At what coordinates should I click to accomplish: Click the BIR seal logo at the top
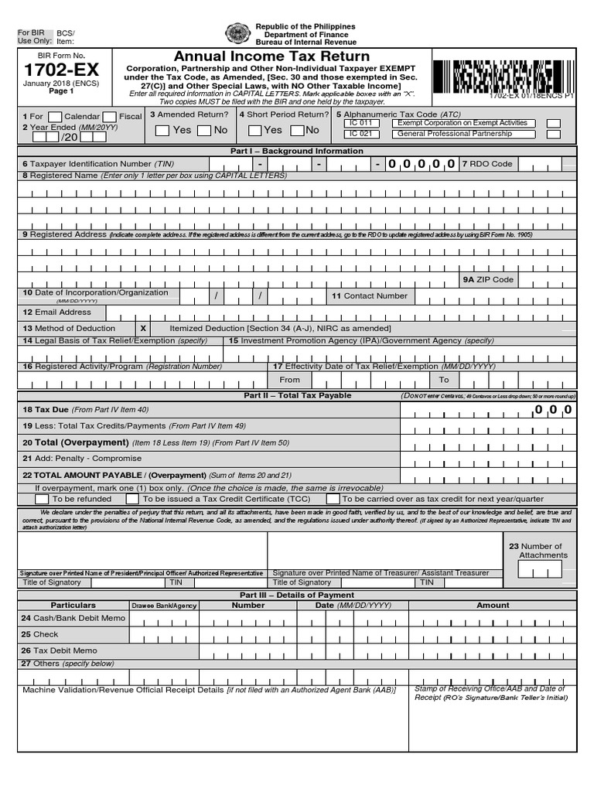[237, 34]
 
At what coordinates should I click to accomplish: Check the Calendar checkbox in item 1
[55, 117]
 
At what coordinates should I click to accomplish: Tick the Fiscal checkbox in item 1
[110, 117]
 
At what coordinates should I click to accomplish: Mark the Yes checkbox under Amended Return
[162, 130]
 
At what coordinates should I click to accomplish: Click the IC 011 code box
[360, 123]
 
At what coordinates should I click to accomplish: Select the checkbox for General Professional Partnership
[554, 135]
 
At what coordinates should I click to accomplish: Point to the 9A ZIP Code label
[487, 279]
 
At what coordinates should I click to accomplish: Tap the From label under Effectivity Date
[289, 380]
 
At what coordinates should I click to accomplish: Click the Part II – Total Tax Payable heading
[297, 395]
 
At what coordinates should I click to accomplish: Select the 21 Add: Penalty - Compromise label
[82, 459]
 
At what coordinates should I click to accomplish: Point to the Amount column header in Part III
[493, 606]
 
